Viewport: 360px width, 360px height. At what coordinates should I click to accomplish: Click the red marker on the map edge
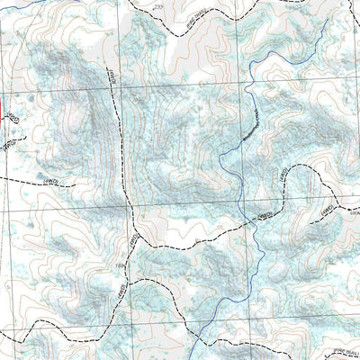coord(3,114)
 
